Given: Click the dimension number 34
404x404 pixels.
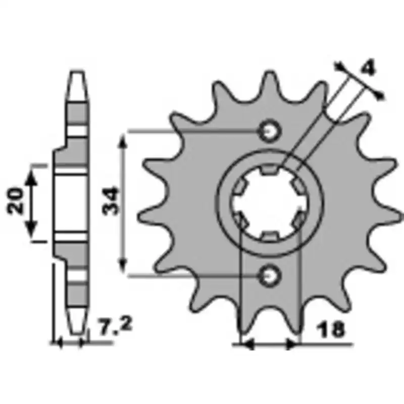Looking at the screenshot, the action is pos(111,201).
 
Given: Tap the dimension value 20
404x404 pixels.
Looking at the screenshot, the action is pos(15,201).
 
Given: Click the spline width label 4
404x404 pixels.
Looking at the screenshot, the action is pos(369,68).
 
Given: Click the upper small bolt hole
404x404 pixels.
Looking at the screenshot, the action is pos(270,132).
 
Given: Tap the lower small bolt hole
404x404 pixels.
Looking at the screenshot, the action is pos(270,276).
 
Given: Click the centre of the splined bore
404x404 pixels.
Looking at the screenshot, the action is pos(270,203).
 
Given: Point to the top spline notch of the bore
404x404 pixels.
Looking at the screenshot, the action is pos(270,169).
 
